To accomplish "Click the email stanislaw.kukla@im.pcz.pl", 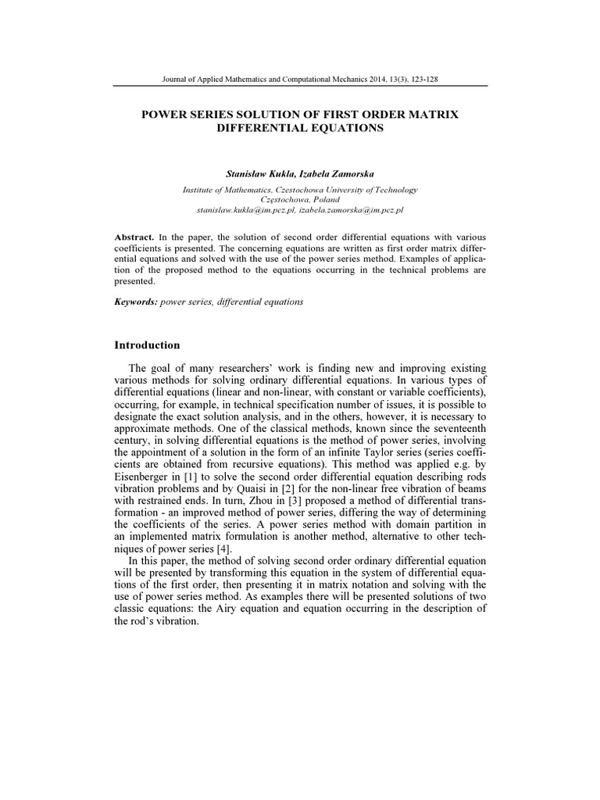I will point(246,210).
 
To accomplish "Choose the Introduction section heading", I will point(147,345).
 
